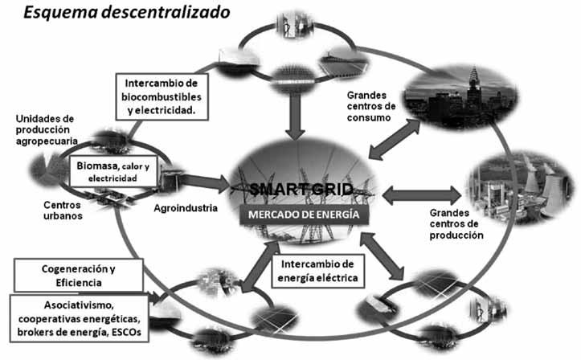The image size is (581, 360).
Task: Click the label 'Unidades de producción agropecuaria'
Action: point(48,130)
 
